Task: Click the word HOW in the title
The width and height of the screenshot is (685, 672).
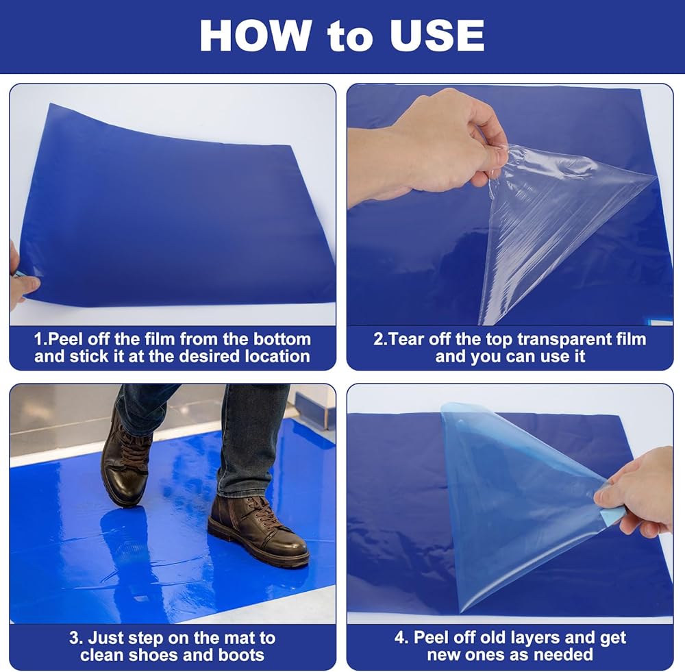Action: click(256, 36)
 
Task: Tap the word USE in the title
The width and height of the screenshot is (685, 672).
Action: click(437, 36)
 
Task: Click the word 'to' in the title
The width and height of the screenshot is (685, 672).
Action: click(350, 38)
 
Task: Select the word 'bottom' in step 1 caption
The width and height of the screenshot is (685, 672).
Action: click(282, 339)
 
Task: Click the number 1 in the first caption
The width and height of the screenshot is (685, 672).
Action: click(38, 340)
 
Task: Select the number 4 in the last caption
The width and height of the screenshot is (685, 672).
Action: click(399, 638)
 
